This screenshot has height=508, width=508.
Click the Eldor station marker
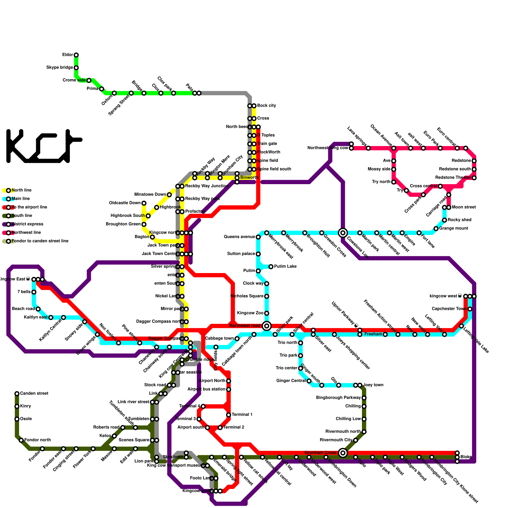tap(76, 55)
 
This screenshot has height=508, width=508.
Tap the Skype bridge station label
tap(60, 68)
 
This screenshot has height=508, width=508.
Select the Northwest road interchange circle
tap(267, 326)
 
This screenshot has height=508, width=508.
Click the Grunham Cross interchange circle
tap(343, 453)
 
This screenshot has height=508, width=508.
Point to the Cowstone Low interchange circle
tap(343, 233)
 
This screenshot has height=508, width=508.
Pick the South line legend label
tap(22, 216)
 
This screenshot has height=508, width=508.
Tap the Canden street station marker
tap(17, 394)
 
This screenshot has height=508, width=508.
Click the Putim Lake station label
tap(285, 267)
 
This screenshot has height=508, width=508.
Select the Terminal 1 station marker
tap(229, 415)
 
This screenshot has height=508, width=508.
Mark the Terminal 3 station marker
tap(199, 419)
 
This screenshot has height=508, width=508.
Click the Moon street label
tap(464, 207)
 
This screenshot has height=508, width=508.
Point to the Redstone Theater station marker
tap(474, 178)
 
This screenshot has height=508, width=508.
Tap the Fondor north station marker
tap(21, 440)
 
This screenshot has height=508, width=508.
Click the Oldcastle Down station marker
tap(144, 203)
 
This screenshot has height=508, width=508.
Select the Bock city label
tap(266, 106)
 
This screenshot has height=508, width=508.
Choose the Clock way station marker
tap(267, 284)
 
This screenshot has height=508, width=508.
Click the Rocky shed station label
tap(459, 220)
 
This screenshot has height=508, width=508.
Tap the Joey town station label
tap(373, 385)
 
